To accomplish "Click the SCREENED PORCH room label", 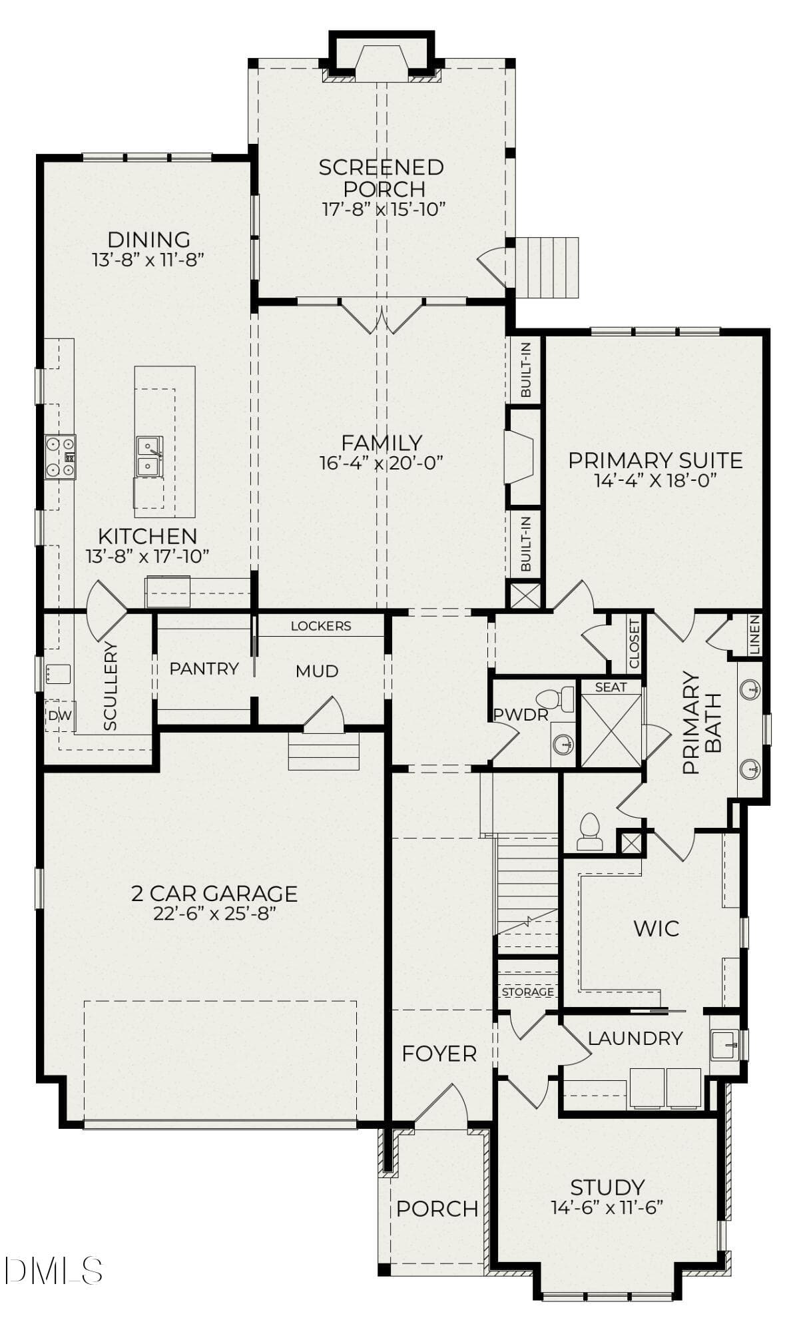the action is pyautogui.click(x=381, y=177).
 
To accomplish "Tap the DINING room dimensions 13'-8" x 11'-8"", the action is pyautogui.click(x=148, y=259).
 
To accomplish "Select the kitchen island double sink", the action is pyautogui.click(x=148, y=456).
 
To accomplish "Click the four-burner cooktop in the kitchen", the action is pyautogui.click(x=60, y=456).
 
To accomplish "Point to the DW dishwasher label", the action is pyautogui.click(x=59, y=716).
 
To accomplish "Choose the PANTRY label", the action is pyautogui.click(x=204, y=669).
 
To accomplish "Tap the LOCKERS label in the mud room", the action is pyautogui.click(x=321, y=626).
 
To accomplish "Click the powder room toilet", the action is pyautogui.click(x=555, y=699).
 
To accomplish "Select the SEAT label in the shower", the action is pyautogui.click(x=611, y=687).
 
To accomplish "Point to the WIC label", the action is pyautogui.click(x=657, y=928).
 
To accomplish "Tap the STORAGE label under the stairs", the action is pyautogui.click(x=528, y=992).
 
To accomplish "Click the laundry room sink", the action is pyautogui.click(x=725, y=1044).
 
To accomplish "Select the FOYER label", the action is pyautogui.click(x=439, y=1054).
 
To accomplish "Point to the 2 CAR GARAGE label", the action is pyautogui.click(x=214, y=893).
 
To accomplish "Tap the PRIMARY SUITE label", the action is pyautogui.click(x=655, y=460).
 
